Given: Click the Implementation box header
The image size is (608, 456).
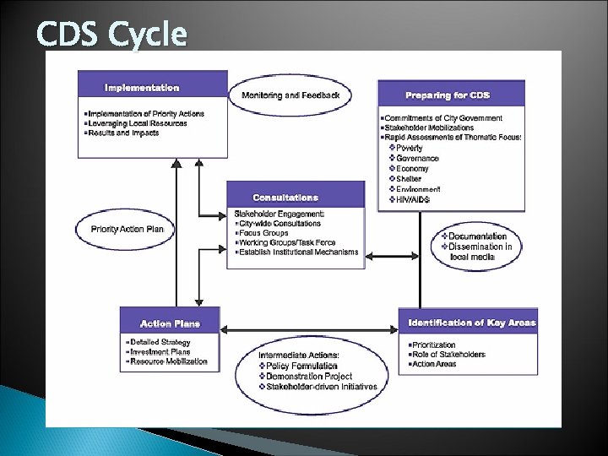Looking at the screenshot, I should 142,88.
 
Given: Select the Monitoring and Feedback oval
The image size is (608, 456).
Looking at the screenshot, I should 290,95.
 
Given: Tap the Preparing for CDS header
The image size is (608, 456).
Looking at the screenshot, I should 448,95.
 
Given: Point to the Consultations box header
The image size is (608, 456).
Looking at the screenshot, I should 286,198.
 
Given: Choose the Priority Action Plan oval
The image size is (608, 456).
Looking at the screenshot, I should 132,228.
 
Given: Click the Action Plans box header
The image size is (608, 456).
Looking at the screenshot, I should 170,323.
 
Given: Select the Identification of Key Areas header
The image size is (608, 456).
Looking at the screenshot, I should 472,323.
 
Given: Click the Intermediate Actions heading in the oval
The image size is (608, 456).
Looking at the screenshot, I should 300,355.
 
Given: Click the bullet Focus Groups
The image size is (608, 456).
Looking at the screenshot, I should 264,233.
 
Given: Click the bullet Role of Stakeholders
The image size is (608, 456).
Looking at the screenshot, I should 448,355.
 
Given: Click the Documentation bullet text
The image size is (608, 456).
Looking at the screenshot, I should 477,236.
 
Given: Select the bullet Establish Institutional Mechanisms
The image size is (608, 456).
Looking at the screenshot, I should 298,252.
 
